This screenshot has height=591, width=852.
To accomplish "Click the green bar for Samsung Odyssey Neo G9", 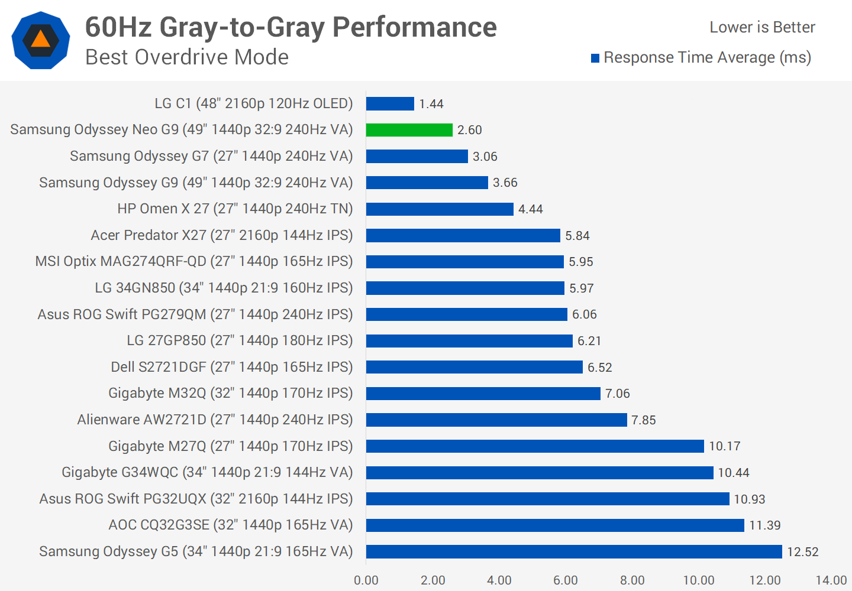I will (x=409, y=130).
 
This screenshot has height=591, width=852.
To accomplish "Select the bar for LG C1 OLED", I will (x=390, y=103).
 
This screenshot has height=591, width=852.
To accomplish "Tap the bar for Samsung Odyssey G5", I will (x=574, y=551).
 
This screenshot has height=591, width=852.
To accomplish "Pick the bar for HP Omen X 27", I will (x=440, y=209).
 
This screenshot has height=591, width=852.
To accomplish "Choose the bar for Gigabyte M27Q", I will (x=535, y=446).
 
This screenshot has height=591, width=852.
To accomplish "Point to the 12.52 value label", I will (x=802, y=552).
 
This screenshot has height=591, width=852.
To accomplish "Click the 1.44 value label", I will (x=431, y=104).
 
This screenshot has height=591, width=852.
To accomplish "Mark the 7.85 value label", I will (x=643, y=420).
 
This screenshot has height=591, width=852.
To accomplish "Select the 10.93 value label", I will (x=749, y=499).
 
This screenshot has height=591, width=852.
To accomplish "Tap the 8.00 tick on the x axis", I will (x=632, y=580).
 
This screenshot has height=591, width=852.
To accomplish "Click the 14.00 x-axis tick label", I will (x=831, y=580).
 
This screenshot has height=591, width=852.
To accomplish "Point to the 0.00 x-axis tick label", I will (x=366, y=580).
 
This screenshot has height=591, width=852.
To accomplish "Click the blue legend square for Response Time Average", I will (x=595, y=58).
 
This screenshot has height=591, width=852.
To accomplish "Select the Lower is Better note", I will (x=762, y=27).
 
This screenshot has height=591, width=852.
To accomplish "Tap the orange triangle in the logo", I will (x=40, y=40).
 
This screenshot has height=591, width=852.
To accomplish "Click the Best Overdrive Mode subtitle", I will (x=187, y=57).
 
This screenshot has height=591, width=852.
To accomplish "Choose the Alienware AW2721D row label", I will (x=215, y=420).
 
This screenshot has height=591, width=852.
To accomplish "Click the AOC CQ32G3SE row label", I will (x=230, y=525).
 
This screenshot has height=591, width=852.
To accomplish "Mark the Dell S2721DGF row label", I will (x=231, y=367).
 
